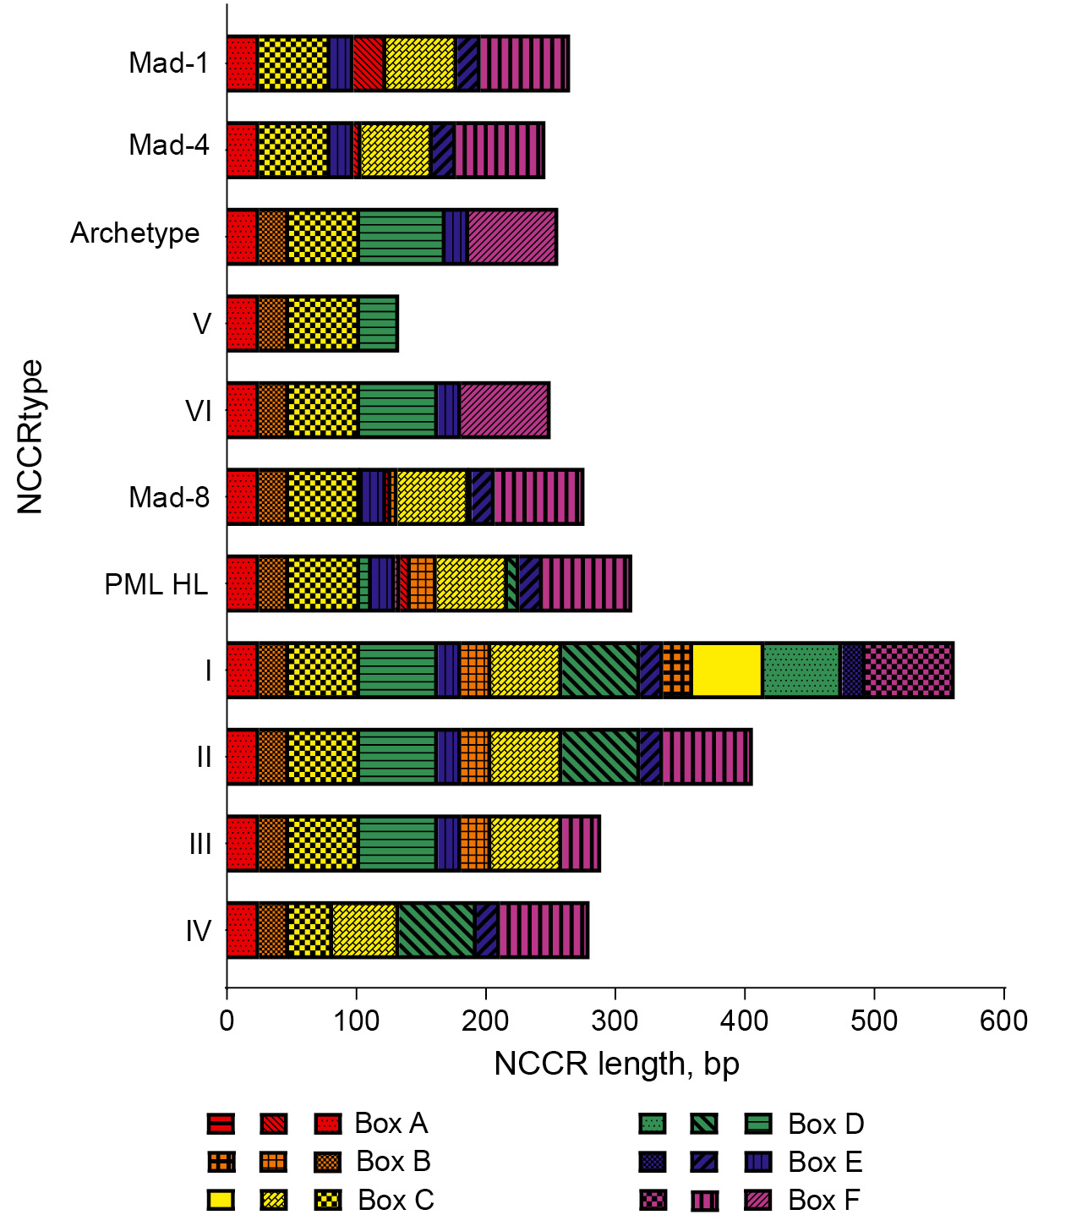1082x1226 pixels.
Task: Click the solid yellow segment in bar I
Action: pos(727,670)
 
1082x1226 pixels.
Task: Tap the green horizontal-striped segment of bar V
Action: pos(378,324)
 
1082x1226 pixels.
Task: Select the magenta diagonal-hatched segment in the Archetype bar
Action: pos(511,237)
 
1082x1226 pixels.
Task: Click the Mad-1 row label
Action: pos(169,63)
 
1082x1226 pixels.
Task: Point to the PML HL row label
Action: pos(156,584)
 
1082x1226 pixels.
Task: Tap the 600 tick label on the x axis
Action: pos(1004,1021)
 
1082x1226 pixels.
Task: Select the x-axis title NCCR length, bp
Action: pos(616,1064)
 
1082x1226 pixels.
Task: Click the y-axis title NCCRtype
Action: pos(30,436)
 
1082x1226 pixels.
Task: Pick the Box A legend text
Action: pos(391,1124)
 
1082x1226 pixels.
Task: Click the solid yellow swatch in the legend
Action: pos(221,1200)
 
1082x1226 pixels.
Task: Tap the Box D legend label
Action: pos(826,1125)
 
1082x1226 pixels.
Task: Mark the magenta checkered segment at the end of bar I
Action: pos(908,670)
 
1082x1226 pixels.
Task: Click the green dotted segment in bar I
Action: pos(801,670)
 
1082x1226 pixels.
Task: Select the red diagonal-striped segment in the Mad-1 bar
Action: pos(369,63)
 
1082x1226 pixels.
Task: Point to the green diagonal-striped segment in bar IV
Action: pos(436,931)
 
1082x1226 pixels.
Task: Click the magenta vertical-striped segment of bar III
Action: pos(579,844)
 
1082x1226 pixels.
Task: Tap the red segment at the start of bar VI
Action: pos(242,411)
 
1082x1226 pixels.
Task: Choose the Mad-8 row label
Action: pos(169,497)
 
